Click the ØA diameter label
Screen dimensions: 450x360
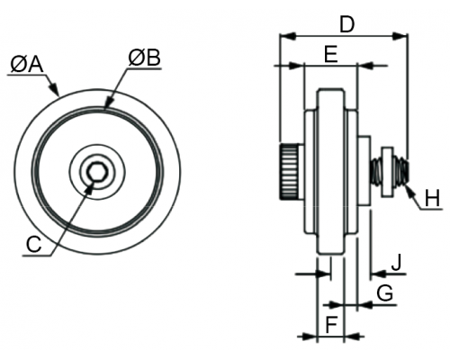click(x=27, y=65)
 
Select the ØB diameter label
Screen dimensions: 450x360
click(x=144, y=58)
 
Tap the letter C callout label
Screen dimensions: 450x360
click(x=33, y=244)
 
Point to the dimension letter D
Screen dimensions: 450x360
click(x=347, y=24)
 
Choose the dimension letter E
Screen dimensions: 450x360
click(x=331, y=55)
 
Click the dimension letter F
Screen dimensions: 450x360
click(x=331, y=325)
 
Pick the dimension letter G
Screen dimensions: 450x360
click(x=385, y=293)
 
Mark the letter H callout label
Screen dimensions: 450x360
click(x=432, y=199)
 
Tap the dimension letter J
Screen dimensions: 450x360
click(x=397, y=263)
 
